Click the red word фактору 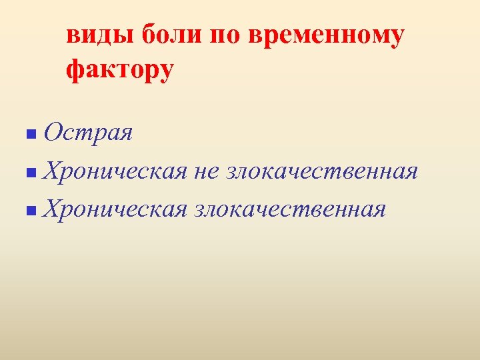coord(120,69)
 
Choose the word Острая coord(88,133)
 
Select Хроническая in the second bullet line coord(113,171)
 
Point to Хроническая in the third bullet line coord(113,209)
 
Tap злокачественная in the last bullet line coord(290,209)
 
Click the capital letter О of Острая coord(53,133)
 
